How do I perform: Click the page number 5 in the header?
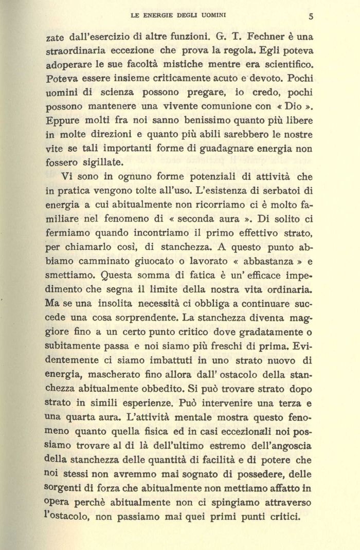point(311,16)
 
